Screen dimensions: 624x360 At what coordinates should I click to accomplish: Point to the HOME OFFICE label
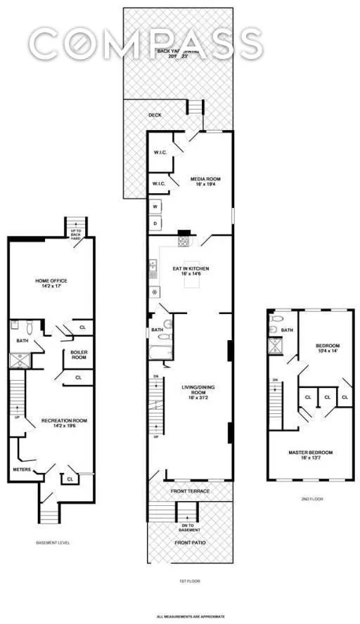point(51,283)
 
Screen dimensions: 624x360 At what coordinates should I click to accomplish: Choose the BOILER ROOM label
point(77,356)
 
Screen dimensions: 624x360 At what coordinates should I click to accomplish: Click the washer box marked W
point(155,207)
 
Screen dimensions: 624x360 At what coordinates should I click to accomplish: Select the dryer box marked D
point(155,223)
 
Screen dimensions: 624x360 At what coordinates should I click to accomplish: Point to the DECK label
point(155,116)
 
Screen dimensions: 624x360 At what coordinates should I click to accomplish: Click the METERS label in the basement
point(21,469)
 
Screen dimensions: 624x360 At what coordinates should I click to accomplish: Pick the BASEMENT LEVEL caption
point(53,542)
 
